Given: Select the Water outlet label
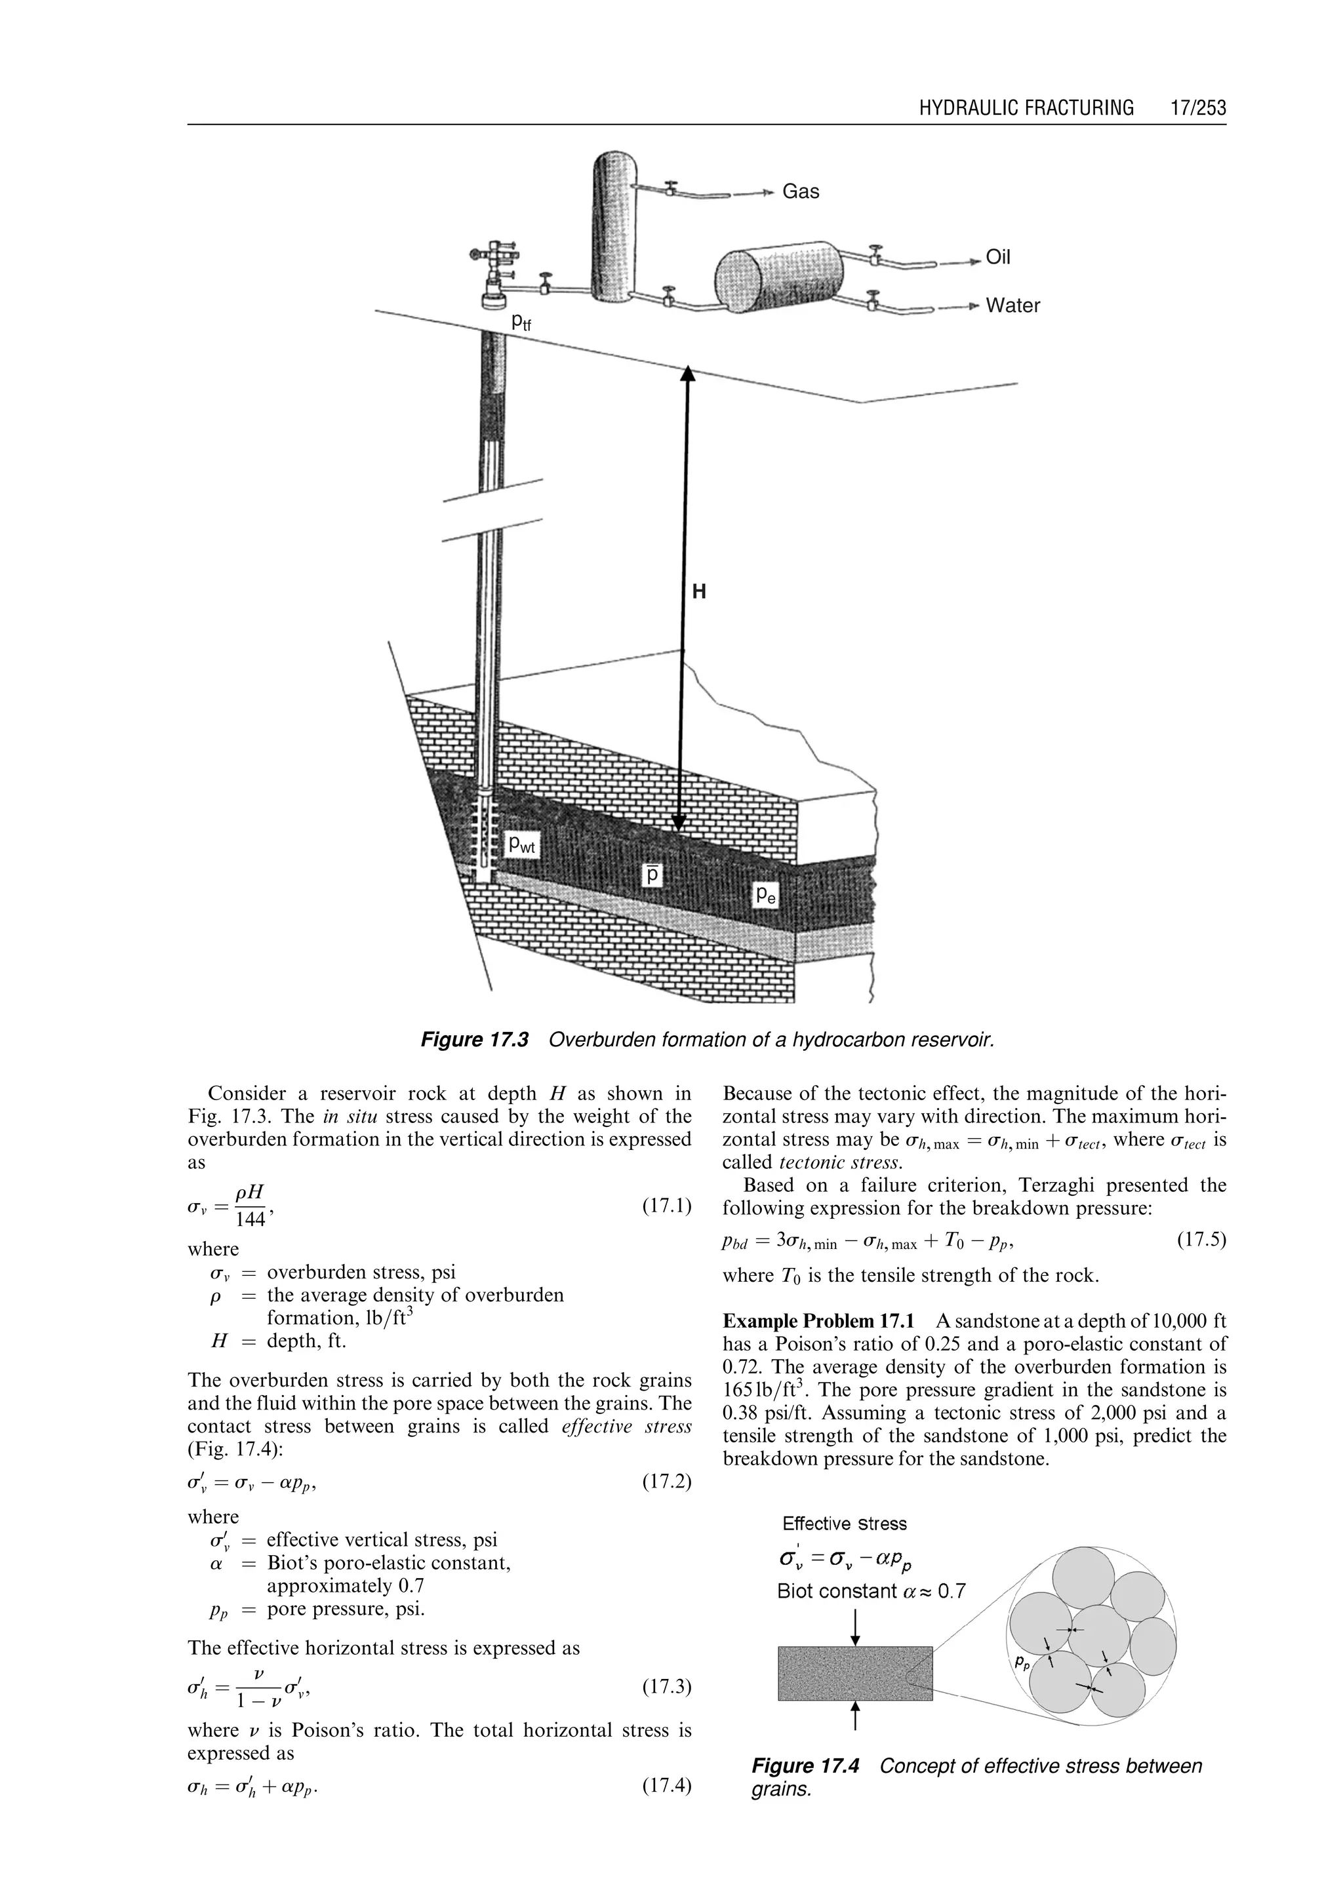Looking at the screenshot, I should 1012,306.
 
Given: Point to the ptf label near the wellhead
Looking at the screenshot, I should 521,323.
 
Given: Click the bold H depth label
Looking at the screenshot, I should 699,592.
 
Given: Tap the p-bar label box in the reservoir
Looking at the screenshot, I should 653,874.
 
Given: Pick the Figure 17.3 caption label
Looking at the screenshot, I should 474,1039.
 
